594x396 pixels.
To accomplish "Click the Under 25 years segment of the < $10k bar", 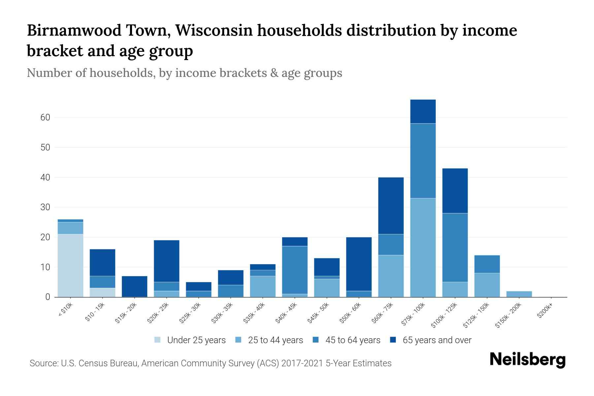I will [70, 265].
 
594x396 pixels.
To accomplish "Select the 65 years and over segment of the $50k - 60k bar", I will [359, 264].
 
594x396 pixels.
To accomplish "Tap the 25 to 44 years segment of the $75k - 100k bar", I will [423, 247].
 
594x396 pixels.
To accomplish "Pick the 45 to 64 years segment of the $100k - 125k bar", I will [455, 247].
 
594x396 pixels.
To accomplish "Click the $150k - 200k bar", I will [519, 294].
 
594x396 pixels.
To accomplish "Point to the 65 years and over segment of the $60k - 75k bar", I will [391, 206].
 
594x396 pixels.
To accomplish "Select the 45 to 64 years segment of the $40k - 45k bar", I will [295, 270].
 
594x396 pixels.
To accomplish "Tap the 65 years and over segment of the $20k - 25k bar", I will [167, 261].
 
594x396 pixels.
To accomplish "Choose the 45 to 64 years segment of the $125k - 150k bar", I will [487, 264].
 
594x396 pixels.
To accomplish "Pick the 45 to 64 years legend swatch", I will [316, 340].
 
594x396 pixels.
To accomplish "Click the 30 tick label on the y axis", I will [45, 207].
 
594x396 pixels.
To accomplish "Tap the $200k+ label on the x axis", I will [545, 312].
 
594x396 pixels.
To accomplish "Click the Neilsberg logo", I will [527, 359].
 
